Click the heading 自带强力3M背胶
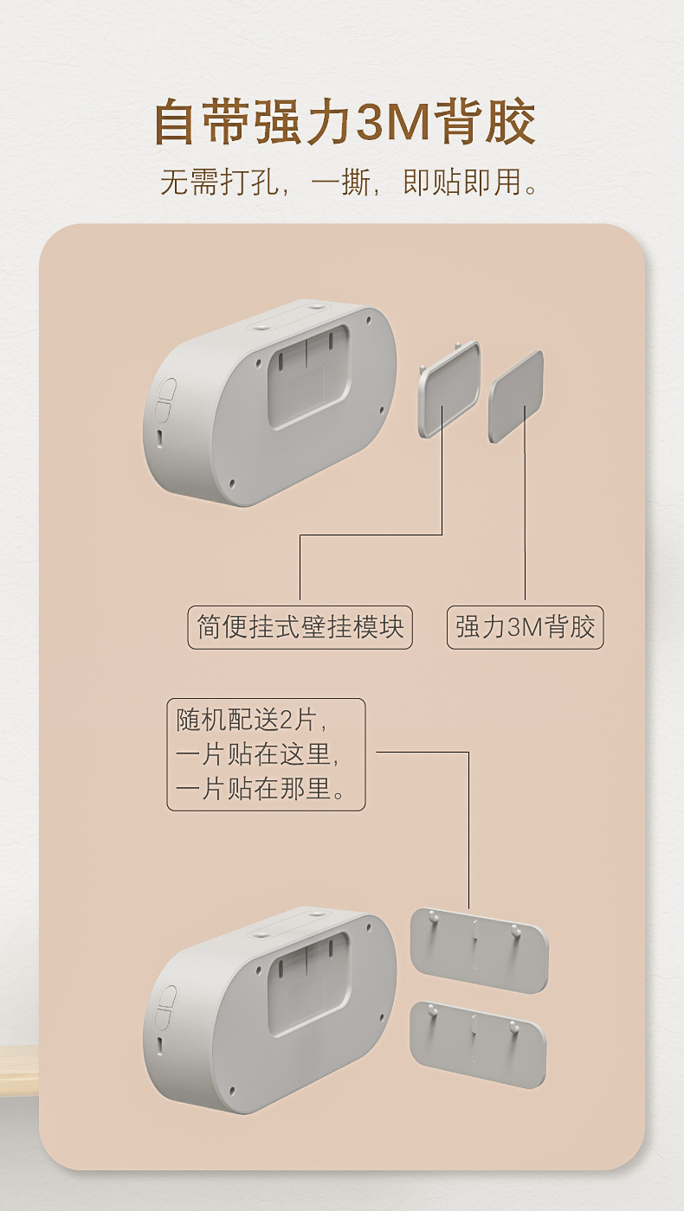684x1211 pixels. tap(345, 123)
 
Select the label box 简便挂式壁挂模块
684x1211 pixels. tap(300, 627)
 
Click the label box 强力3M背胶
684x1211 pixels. tap(525, 627)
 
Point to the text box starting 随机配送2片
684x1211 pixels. tap(266, 754)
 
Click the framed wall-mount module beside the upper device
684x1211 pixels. tap(448, 390)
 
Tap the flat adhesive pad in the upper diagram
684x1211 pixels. tap(516, 395)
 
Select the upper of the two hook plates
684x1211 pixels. tap(479, 949)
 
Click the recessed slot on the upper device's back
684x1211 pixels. tap(308, 375)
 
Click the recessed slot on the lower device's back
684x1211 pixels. tap(308, 982)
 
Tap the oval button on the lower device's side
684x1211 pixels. tap(165, 1007)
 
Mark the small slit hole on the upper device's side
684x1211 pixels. tap(160, 438)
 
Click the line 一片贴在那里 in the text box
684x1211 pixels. tap(260, 789)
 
